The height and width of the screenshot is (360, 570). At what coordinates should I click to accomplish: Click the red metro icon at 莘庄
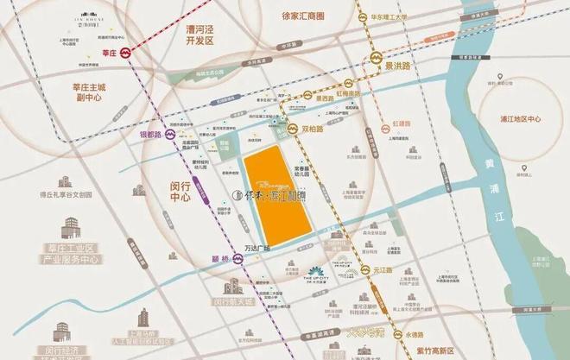coord(126,53)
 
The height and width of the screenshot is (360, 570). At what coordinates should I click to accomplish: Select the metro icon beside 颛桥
coord(237,259)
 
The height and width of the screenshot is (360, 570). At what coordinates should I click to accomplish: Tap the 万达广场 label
coord(258,248)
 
